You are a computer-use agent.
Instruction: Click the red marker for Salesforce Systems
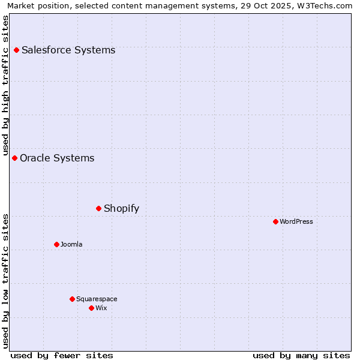(16, 50)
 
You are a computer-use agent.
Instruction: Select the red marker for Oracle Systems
(14, 158)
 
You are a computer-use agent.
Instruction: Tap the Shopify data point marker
(98, 208)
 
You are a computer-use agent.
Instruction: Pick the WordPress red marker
(275, 221)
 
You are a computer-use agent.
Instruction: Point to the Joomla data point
(56, 244)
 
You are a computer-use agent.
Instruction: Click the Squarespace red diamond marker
(72, 299)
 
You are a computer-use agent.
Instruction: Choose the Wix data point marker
(91, 308)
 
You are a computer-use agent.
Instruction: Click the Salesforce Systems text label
(68, 50)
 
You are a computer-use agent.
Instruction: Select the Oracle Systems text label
(57, 158)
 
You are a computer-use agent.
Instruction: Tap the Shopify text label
(121, 208)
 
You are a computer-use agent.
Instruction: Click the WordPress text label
(296, 221)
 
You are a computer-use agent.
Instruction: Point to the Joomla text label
(71, 244)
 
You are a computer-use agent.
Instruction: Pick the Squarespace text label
(97, 299)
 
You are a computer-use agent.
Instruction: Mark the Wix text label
(101, 308)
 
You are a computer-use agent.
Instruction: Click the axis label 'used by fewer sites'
(62, 355)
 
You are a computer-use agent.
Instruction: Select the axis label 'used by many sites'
(301, 355)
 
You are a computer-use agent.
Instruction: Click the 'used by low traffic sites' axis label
(5, 280)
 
